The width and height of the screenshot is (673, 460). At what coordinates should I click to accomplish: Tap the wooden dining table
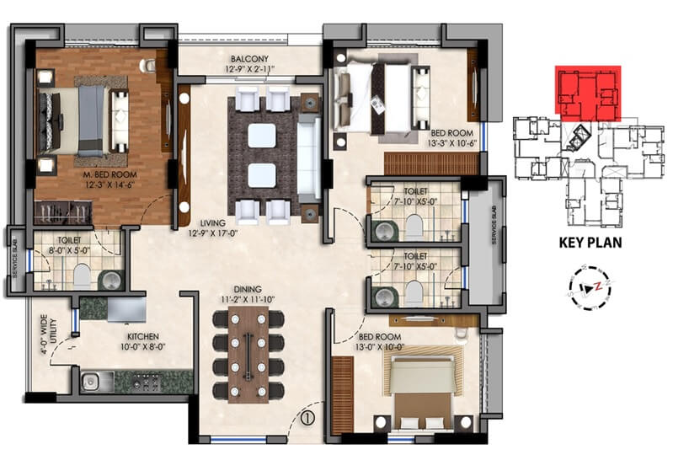click(250, 352)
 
